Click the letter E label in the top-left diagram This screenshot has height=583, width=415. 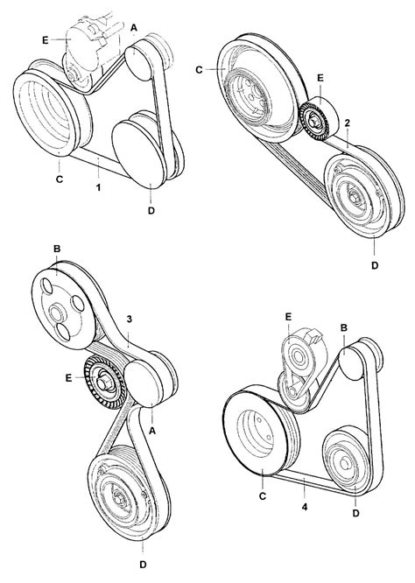tap(46, 39)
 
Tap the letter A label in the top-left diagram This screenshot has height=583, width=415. tap(134, 27)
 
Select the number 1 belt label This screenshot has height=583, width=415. tap(98, 187)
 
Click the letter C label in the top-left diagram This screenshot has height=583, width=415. tap(60, 179)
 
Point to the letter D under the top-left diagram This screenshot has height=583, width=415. tap(151, 210)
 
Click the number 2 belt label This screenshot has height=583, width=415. tap(347, 123)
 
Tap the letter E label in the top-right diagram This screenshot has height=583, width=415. tap(320, 78)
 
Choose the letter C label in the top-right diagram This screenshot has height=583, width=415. tap(200, 69)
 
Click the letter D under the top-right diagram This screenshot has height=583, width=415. tap(375, 265)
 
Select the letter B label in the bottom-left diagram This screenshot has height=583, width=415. tap(57, 249)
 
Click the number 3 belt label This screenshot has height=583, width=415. tap(130, 320)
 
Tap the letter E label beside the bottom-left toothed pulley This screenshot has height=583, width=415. tap(68, 379)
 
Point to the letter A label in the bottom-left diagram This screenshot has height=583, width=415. tap(151, 431)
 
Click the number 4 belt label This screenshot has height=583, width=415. tap(305, 507)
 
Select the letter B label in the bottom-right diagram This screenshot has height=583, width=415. tap(344, 327)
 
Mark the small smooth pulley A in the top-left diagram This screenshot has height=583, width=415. tap(138, 62)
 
